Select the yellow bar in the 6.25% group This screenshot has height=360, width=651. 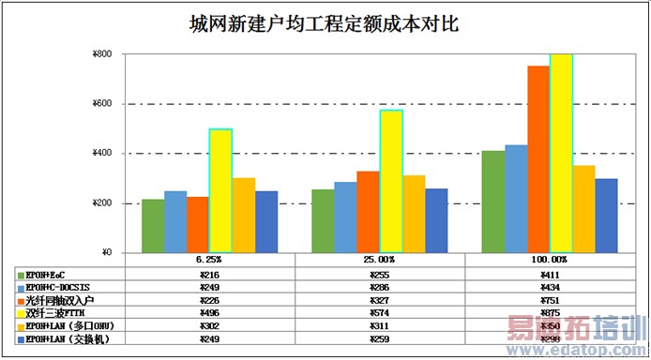pos(220,191)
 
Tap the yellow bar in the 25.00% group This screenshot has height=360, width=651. pos(391,182)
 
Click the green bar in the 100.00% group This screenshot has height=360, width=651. pos(492,202)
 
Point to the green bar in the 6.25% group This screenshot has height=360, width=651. pos(153,226)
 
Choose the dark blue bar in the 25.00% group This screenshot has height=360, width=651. pos(436,220)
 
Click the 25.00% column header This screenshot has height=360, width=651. pos(380,259)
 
